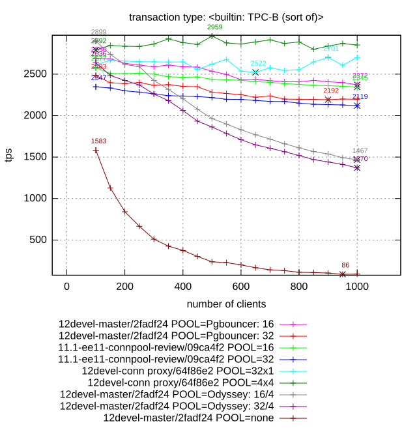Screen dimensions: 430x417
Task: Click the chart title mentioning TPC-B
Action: [226, 17]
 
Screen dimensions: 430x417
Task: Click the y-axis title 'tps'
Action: [9, 156]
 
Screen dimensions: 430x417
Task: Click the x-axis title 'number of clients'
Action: [226, 304]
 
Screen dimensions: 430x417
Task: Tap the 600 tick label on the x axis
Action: [240, 287]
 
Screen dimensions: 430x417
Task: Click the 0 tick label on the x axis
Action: [66, 287]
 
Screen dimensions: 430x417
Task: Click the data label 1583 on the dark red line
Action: [99, 141]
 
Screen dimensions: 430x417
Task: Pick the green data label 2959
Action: [214, 27]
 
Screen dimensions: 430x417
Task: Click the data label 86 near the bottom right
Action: [345, 265]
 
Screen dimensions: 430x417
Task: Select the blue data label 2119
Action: [360, 97]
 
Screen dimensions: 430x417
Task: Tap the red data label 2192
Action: [331, 91]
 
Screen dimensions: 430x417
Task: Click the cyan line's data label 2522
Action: [259, 63]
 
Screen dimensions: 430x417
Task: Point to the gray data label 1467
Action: [360, 151]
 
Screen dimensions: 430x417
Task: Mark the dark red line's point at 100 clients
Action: [96, 150]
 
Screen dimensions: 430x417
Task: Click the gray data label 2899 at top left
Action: [99, 32]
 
